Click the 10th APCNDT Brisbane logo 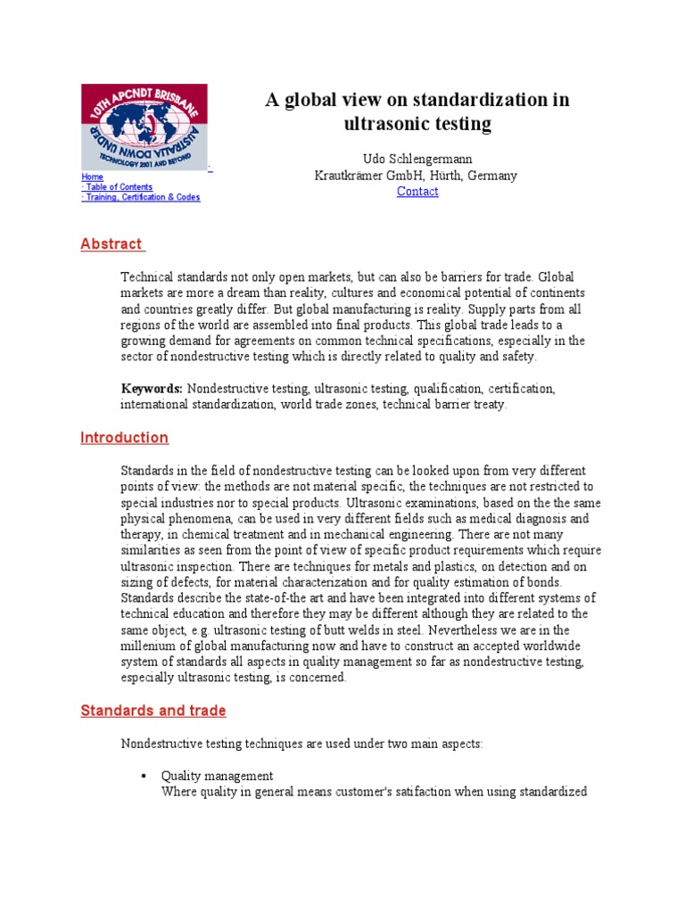click(x=144, y=126)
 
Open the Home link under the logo click(x=92, y=177)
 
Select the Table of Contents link click(x=118, y=187)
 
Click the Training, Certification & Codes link click(x=142, y=197)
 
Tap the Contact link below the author click(x=417, y=192)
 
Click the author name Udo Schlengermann click(x=417, y=159)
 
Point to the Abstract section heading click(x=111, y=244)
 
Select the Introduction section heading click(x=124, y=438)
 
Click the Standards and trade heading click(x=153, y=711)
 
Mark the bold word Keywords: click(x=152, y=389)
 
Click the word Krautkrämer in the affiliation click(x=349, y=176)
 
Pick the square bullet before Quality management click(x=143, y=777)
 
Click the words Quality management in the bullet click(x=217, y=777)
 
